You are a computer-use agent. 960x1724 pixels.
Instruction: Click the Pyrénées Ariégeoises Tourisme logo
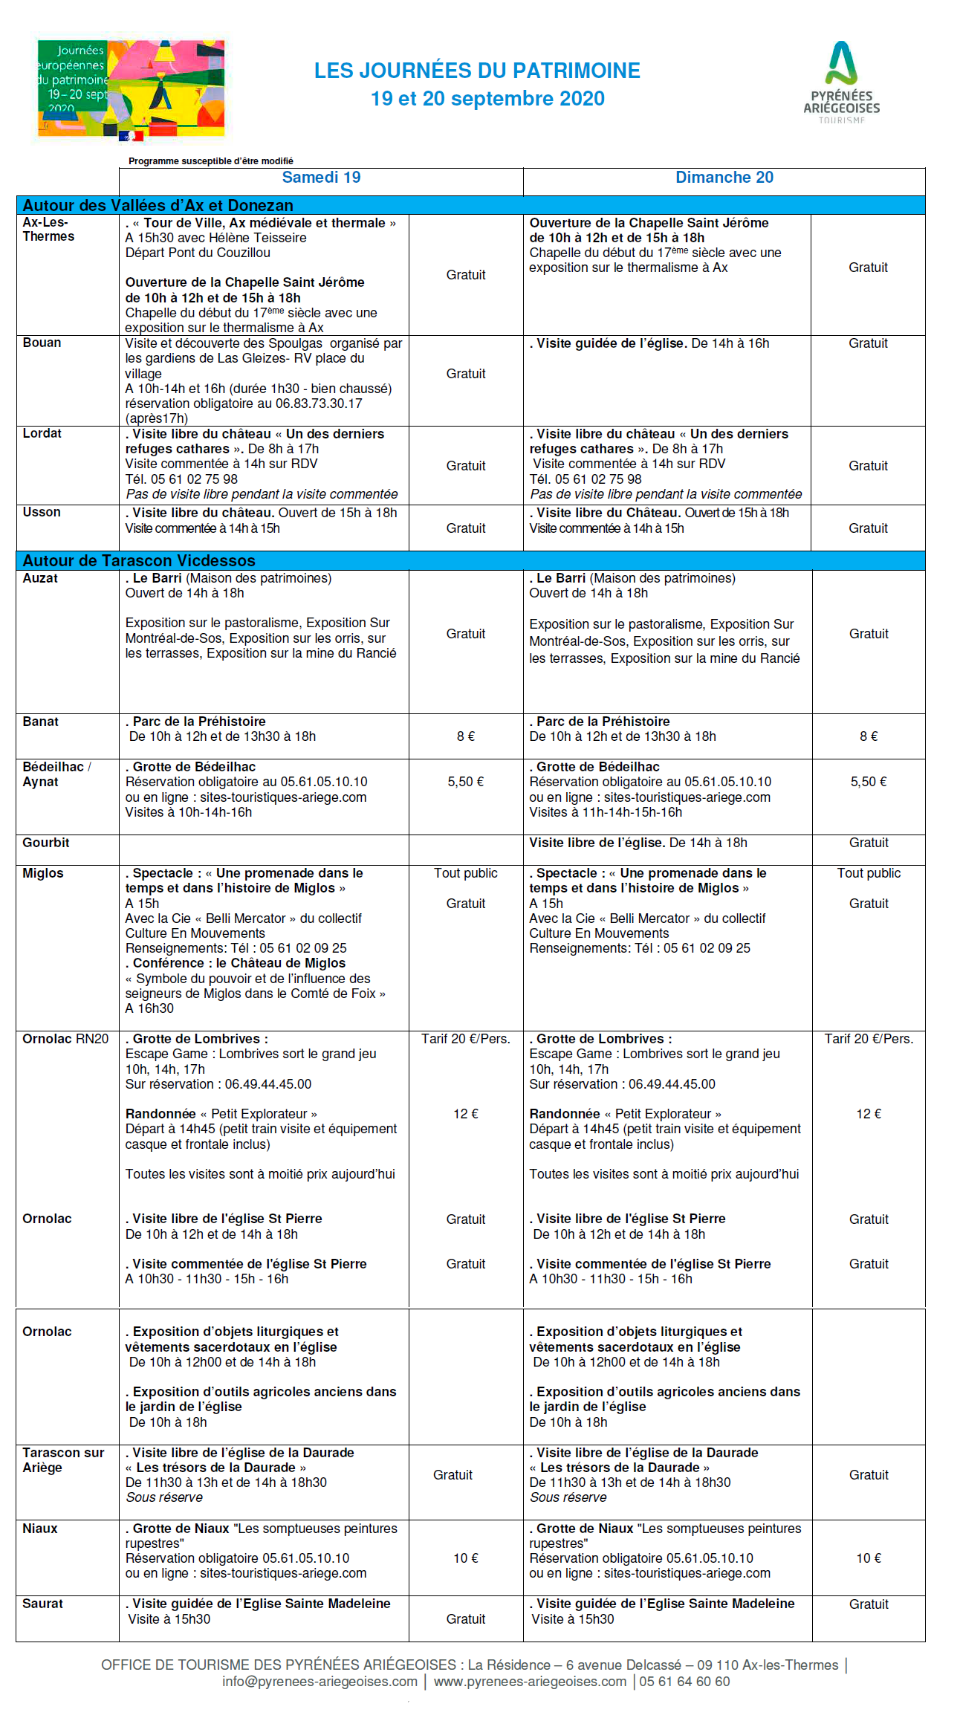click(x=841, y=82)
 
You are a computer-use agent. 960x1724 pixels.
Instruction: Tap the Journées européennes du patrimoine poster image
click(x=131, y=90)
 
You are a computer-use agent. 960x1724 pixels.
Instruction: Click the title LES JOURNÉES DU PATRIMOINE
click(x=477, y=71)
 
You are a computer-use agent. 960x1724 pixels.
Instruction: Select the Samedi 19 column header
click(x=321, y=178)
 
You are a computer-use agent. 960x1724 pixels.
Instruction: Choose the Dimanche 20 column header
click(x=724, y=178)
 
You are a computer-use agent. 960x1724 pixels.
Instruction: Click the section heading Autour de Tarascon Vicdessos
click(x=139, y=560)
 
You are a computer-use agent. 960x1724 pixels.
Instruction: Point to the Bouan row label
click(x=42, y=343)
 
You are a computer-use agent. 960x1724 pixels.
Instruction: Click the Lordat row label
click(x=42, y=433)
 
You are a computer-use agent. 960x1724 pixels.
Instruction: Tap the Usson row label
click(x=42, y=512)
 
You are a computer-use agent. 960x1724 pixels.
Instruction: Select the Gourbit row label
click(x=45, y=843)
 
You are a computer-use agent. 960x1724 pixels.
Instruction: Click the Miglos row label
click(x=42, y=873)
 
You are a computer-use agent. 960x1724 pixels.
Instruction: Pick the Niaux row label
click(x=40, y=1529)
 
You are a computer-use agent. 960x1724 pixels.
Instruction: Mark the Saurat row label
click(x=42, y=1604)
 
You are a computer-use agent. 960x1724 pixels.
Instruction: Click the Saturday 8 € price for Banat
click(x=466, y=736)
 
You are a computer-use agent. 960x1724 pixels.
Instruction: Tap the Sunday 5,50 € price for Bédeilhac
click(x=869, y=782)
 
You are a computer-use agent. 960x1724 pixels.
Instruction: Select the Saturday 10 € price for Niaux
click(x=466, y=1558)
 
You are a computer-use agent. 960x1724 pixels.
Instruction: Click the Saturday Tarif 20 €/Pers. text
click(x=466, y=1039)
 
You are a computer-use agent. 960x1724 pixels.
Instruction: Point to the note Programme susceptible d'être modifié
click(x=211, y=161)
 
